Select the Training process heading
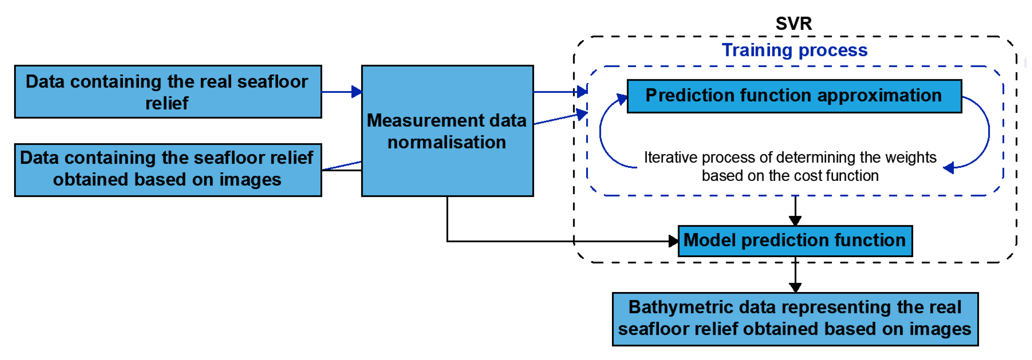(794, 50)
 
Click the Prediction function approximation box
(794, 96)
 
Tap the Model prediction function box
(795, 241)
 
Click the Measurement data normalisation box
(447, 131)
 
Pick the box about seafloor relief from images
(168, 170)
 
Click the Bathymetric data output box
(795, 319)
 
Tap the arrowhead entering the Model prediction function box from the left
(673, 241)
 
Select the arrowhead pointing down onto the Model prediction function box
(795, 220)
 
